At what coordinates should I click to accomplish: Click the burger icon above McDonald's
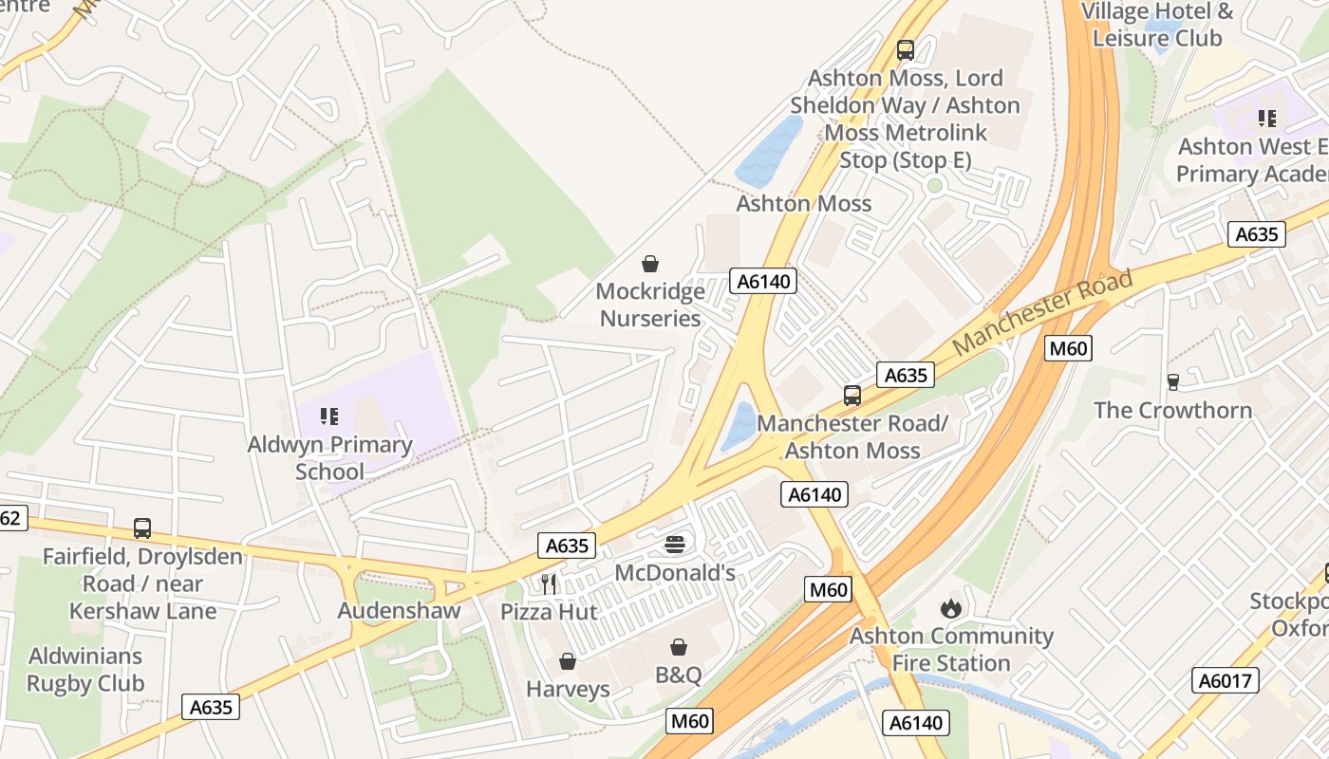(x=675, y=544)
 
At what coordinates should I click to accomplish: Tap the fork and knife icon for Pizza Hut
(x=549, y=583)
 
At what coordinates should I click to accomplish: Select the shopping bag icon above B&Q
(x=679, y=647)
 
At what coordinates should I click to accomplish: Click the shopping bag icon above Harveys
(x=568, y=660)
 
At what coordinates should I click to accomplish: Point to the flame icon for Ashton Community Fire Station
(x=950, y=607)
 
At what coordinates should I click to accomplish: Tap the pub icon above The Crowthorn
(x=1172, y=381)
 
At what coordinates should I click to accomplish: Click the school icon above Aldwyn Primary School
(x=329, y=416)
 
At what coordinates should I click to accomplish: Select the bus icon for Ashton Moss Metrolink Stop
(x=905, y=50)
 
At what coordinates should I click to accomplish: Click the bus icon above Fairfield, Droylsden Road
(x=142, y=528)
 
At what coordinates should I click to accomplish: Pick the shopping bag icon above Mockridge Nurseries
(x=650, y=263)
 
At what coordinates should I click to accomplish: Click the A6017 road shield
(x=1226, y=680)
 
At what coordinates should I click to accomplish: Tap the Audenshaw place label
(x=399, y=610)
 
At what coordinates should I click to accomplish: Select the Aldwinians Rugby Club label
(x=85, y=669)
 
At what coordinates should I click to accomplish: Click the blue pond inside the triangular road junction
(x=739, y=426)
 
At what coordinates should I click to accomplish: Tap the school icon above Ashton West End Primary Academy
(x=1266, y=119)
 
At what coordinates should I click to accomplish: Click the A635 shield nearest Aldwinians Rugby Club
(x=211, y=707)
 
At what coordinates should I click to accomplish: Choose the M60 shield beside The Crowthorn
(x=1068, y=348)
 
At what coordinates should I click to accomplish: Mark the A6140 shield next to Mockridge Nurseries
(x=762, y=281)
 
